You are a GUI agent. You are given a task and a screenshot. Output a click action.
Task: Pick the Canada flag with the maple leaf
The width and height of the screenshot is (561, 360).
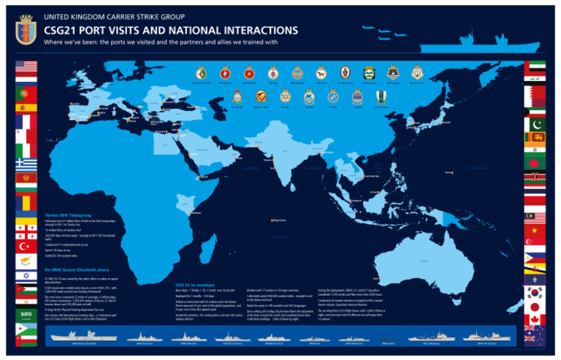(x=535, y=321)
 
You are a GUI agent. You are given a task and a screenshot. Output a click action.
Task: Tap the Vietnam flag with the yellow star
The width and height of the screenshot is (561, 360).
(x=535, y=234)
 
